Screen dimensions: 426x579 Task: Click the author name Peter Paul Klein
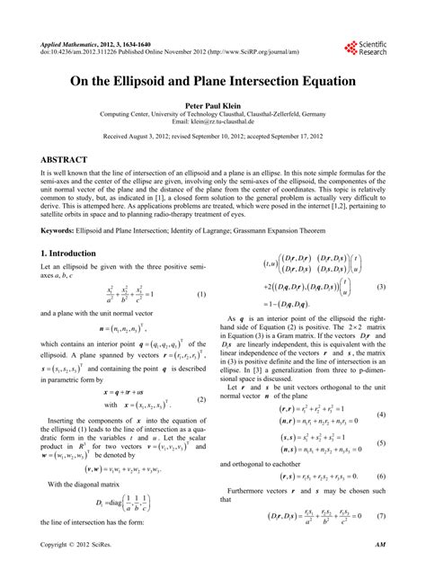(x=212, y=103)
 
